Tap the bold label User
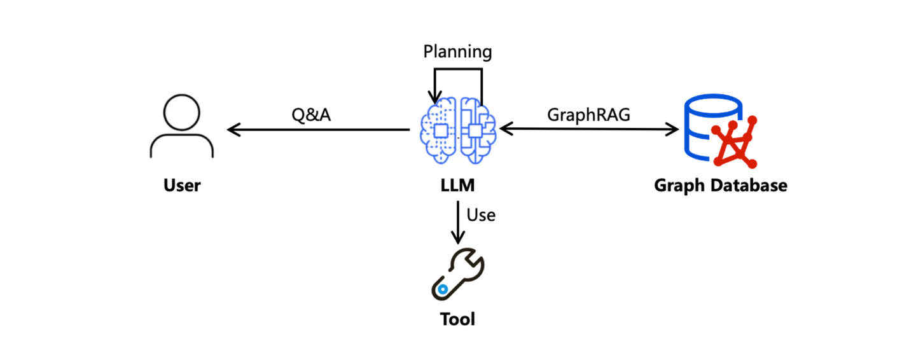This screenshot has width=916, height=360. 182,186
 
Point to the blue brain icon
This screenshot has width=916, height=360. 457,131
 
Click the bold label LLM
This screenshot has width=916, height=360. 457,186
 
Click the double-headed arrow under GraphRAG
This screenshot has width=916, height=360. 589,130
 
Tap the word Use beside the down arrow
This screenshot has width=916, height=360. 481,215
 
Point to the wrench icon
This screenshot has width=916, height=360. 457,273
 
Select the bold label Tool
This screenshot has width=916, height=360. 457,318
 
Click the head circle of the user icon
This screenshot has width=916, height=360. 181,113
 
